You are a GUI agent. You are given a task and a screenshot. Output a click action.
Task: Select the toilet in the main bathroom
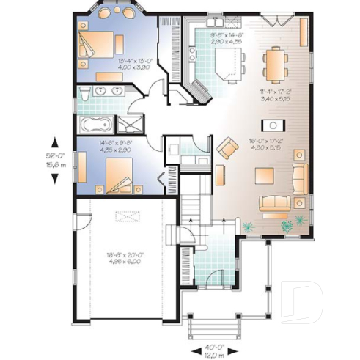[85, 94]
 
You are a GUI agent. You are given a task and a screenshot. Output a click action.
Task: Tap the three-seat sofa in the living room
[275, 203]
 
